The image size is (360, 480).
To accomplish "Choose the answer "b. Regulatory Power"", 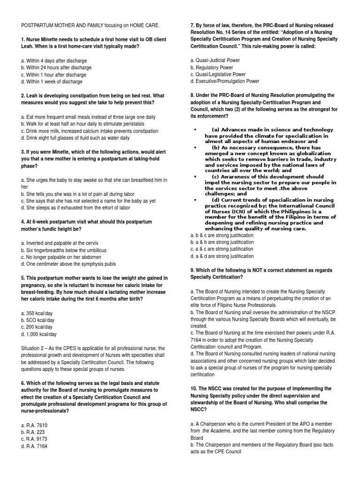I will pyautogui.click(x=212, y=67).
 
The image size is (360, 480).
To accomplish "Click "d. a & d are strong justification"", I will pyautogui.click(x=222, y=256).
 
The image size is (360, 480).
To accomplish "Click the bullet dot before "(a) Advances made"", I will pyautogui.click(x=195, y=129).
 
